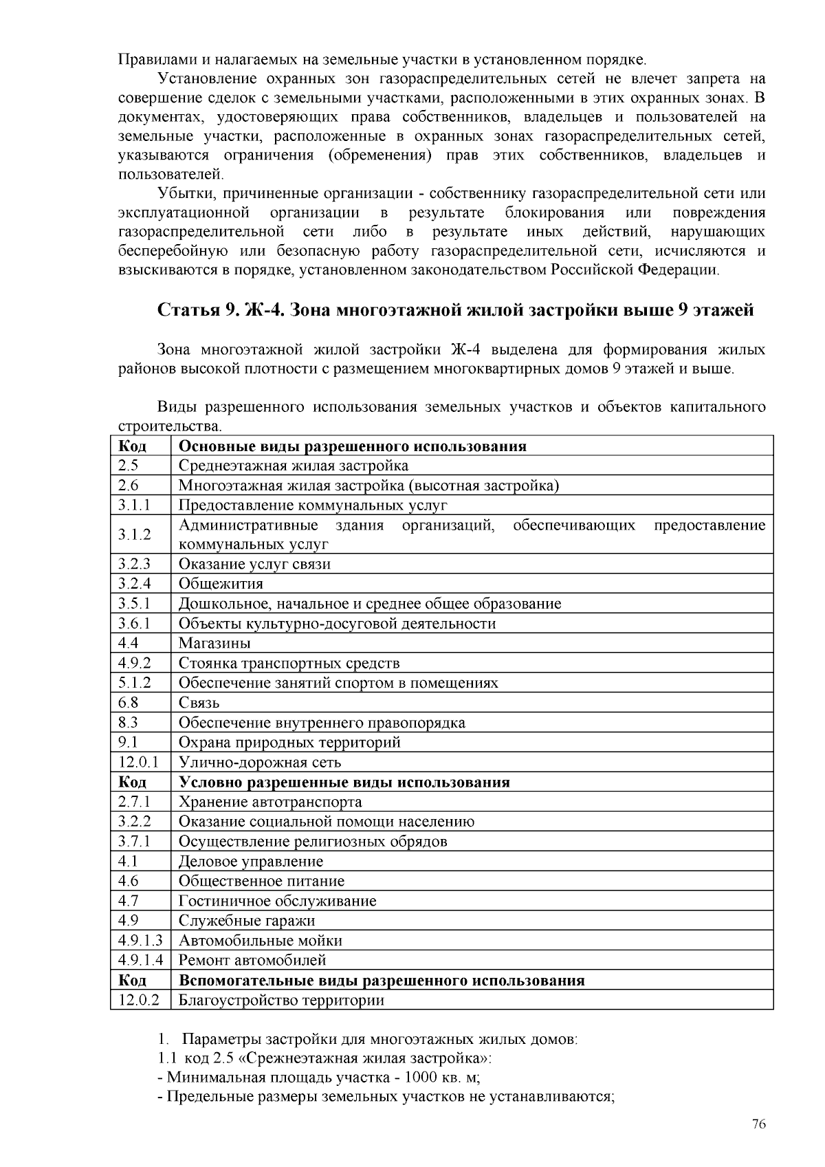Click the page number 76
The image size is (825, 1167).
[x=758, y=1124]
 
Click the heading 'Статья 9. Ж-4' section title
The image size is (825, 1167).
[x=456, y=310]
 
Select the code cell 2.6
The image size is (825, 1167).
[x=129, y=486]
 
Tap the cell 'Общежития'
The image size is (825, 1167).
[x=221, y=584]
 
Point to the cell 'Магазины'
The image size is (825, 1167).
[x=214, y=643]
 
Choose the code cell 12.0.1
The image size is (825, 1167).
[x=138, y=762]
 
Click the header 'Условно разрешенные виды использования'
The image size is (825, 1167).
[x=344, y=782]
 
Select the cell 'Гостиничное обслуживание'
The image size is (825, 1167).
[x=277, y=901]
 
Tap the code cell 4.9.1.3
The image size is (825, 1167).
[x=140, y=940]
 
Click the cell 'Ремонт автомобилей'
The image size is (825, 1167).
[x=252, y=960]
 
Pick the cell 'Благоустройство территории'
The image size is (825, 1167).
[x=281, y=1000]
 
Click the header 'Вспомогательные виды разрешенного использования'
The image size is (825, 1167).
[x=382, y=980]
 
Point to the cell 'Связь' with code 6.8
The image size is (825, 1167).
[x=199, y=703]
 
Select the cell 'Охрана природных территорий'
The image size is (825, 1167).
[x=289, y=742]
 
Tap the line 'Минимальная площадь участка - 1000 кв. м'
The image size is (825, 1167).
[x=322, y=1077]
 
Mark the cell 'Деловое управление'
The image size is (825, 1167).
[x=250, y=861]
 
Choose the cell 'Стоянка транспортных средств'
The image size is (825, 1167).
[x=289, y=663]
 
